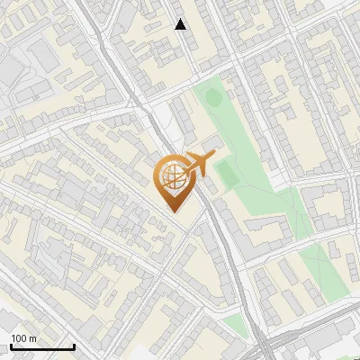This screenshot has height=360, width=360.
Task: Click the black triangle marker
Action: (180, 24)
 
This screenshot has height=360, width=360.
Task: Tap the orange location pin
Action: (174, 180)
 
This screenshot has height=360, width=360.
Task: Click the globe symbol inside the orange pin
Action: (172, 175)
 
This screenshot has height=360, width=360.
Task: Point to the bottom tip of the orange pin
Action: (174, 211)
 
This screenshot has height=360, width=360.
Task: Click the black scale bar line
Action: (42, 346)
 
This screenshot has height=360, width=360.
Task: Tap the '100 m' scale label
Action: (24, 338)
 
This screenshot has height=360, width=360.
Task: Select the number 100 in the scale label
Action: (20, 338)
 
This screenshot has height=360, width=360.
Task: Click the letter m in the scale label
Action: (33, 338)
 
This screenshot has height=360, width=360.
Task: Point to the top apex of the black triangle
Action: (180, 19)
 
